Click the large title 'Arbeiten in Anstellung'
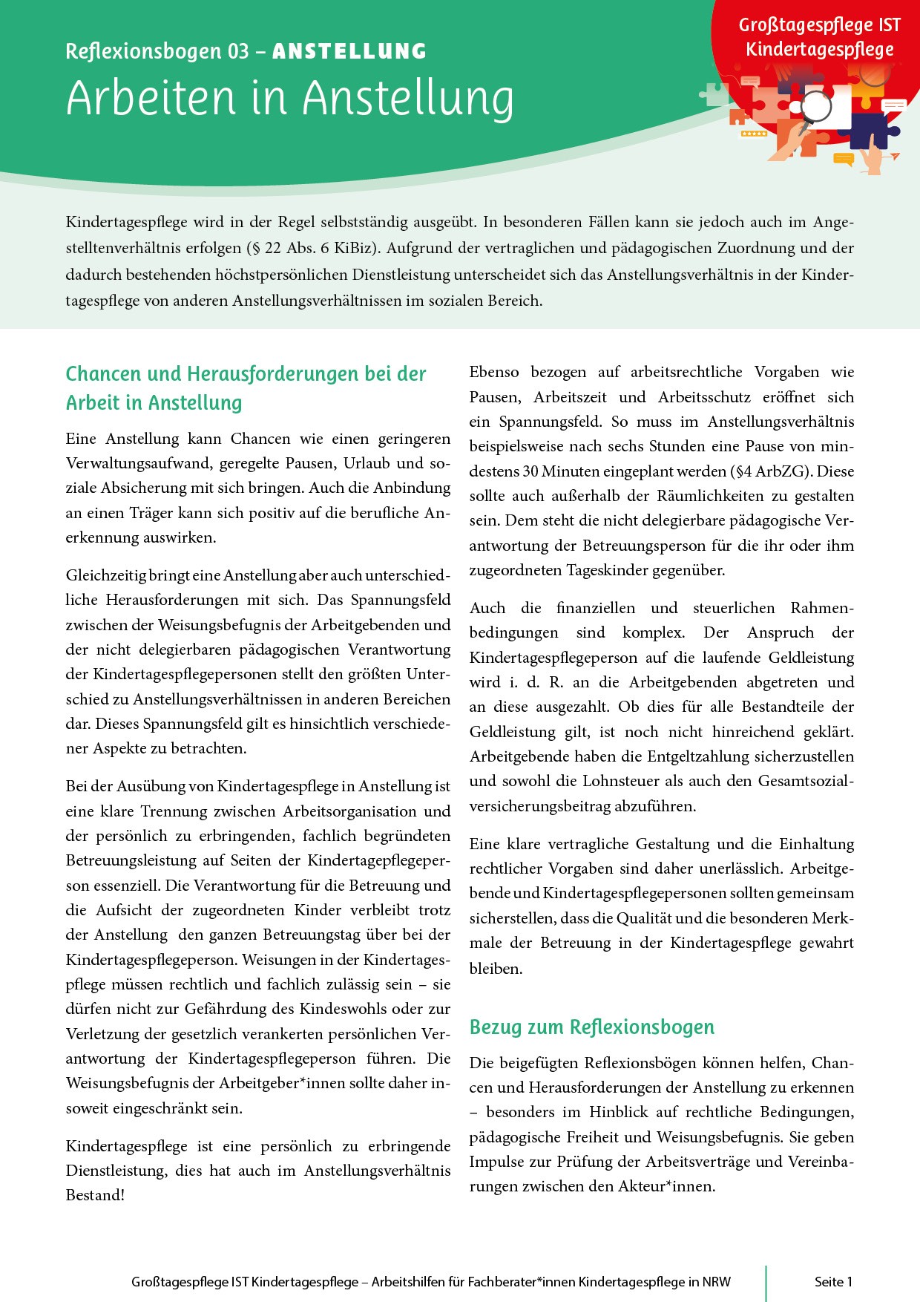click(x=289, y=98)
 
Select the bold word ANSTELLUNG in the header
click(x=349, y=51)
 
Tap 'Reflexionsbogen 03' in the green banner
click(x=157, y=51)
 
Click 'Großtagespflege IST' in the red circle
click(x=819, y=25)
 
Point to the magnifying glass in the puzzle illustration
click(x=817, y=105)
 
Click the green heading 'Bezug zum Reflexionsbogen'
click(x=591, y=1027)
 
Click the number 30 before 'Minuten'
click(x=530, y=471)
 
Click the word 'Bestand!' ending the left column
click(x=95, y=1195)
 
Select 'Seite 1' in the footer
click(x=833, y=1281)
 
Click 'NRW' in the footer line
click(x=716, y=1281)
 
